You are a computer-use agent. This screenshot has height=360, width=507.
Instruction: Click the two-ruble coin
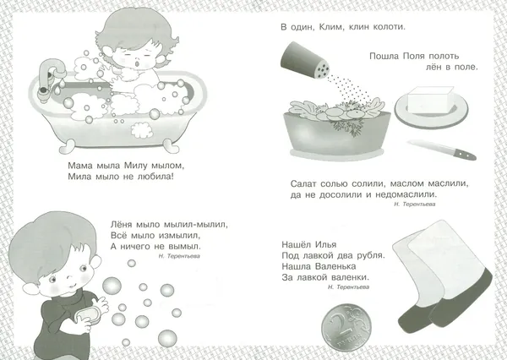coord(346,327)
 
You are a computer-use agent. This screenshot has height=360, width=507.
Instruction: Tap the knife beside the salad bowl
coord(441,150)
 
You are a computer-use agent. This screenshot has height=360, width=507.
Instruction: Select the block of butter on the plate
coord(430,101)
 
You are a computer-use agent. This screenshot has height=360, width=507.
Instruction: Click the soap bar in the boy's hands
coord(88,314)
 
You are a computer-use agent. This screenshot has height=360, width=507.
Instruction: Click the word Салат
coord(303,183)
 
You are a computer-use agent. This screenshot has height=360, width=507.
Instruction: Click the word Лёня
coord(122,224)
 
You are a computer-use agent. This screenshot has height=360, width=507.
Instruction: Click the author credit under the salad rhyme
coord(415,205)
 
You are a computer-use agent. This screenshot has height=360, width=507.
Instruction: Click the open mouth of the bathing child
coord(137,63)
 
